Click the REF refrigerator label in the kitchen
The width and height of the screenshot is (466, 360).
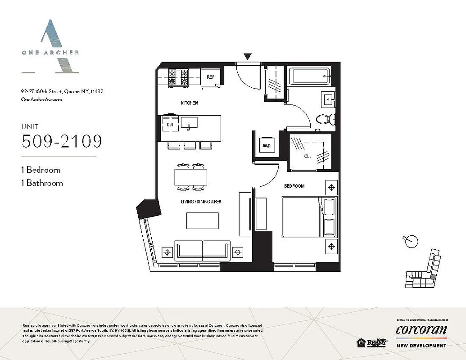click(210, 77)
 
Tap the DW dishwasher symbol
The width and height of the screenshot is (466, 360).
click(170, 124)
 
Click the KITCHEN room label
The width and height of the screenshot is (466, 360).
click(189, 103)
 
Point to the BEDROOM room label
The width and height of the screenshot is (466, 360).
click(294, 186)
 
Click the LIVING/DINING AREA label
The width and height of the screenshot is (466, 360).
click(202, 202)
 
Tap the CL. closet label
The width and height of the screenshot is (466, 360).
click(308, 157)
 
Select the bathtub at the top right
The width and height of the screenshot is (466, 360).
click(309, 76)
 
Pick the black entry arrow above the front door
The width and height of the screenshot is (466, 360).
click(247, 57)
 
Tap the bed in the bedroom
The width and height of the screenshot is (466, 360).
click(309, 216)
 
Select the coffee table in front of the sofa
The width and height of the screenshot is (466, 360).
click(202, 220)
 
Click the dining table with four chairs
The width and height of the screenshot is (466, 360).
click(191, 177)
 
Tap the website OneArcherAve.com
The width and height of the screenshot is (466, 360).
click(41, 99)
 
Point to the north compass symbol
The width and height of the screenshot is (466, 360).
click(409, 241)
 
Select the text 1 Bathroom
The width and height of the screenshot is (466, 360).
click(42, 183)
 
